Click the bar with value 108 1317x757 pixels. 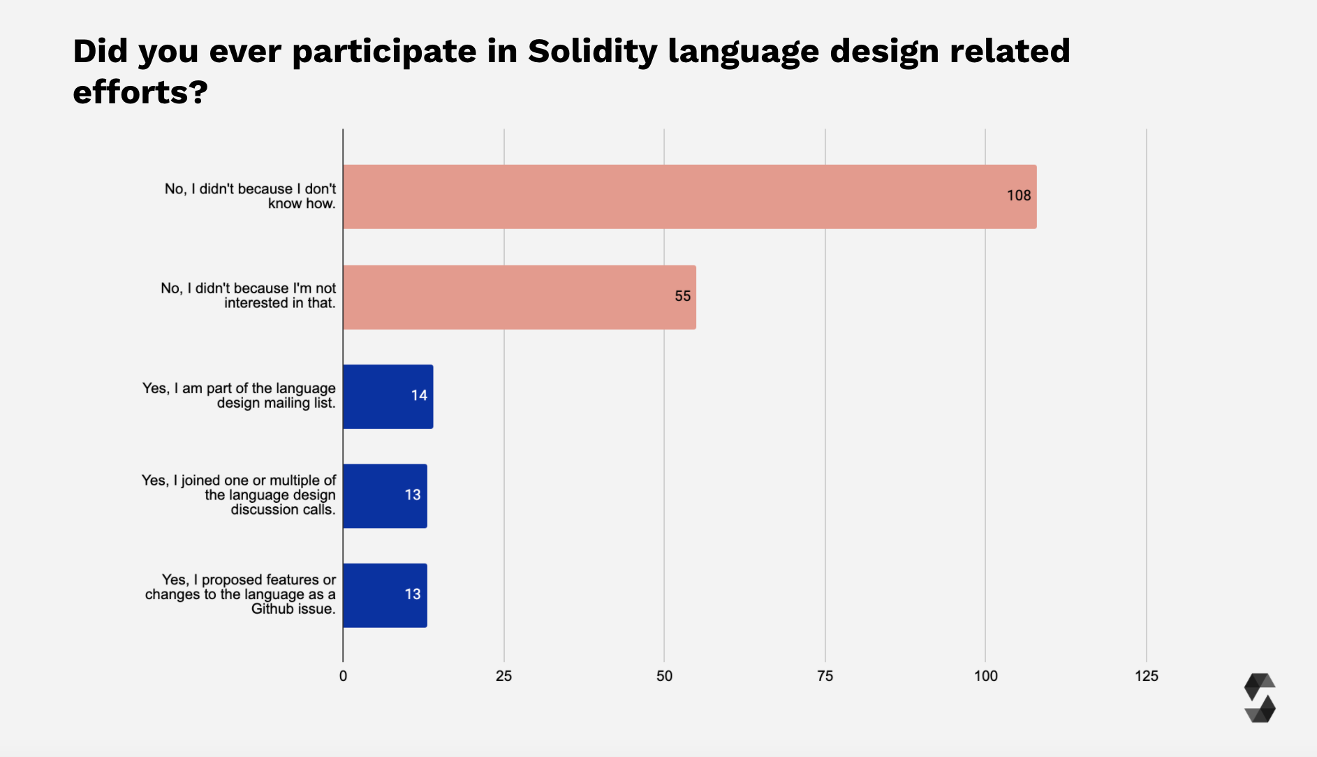[689, 196]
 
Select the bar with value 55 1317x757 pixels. [519, 297]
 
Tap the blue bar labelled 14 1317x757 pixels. [388, 396]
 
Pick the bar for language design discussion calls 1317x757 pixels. [385, 496]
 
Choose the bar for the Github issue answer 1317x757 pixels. [385, 595]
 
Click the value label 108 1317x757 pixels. [1018, 196]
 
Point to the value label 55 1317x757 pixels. [682, 297]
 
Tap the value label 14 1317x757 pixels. [419, 396]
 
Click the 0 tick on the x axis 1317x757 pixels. [343, 676]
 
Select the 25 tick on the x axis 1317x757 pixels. [503, 676]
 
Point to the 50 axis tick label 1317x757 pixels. [664, 676]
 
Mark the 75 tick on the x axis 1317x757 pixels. [825, 676]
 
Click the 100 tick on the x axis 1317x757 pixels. [985, 676]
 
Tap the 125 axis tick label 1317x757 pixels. [1146, 676]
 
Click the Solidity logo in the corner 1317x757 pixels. [1260, 698]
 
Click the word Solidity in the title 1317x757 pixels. [592, 52]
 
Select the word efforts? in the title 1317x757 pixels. [140, 92]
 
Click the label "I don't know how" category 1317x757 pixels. [250, 196]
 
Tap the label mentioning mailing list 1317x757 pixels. [239, 396]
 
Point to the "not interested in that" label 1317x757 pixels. [248, 296]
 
